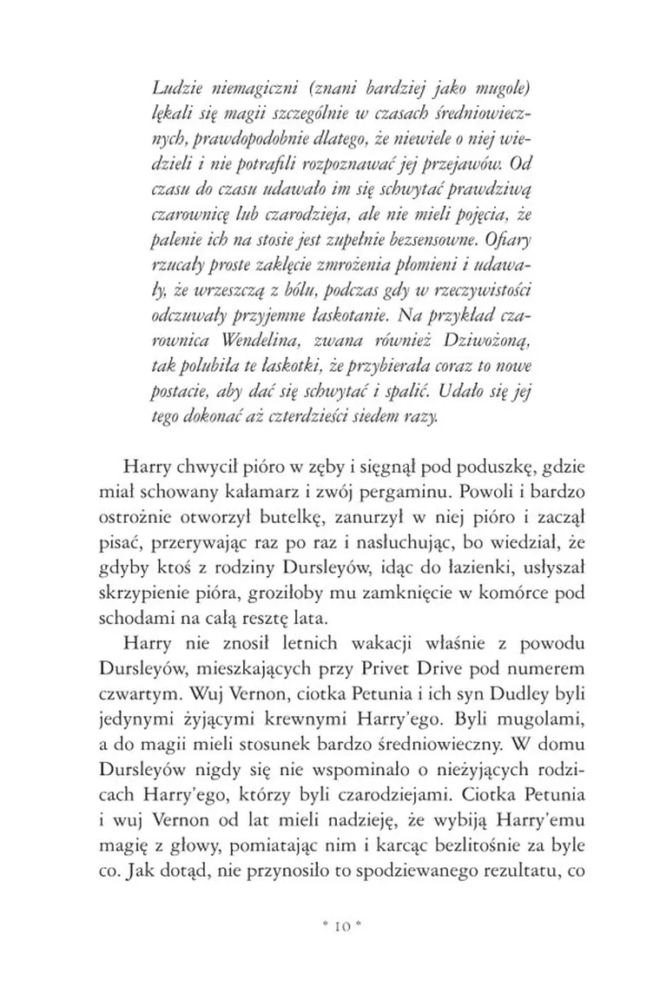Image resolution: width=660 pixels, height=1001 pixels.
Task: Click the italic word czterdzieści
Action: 330,416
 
